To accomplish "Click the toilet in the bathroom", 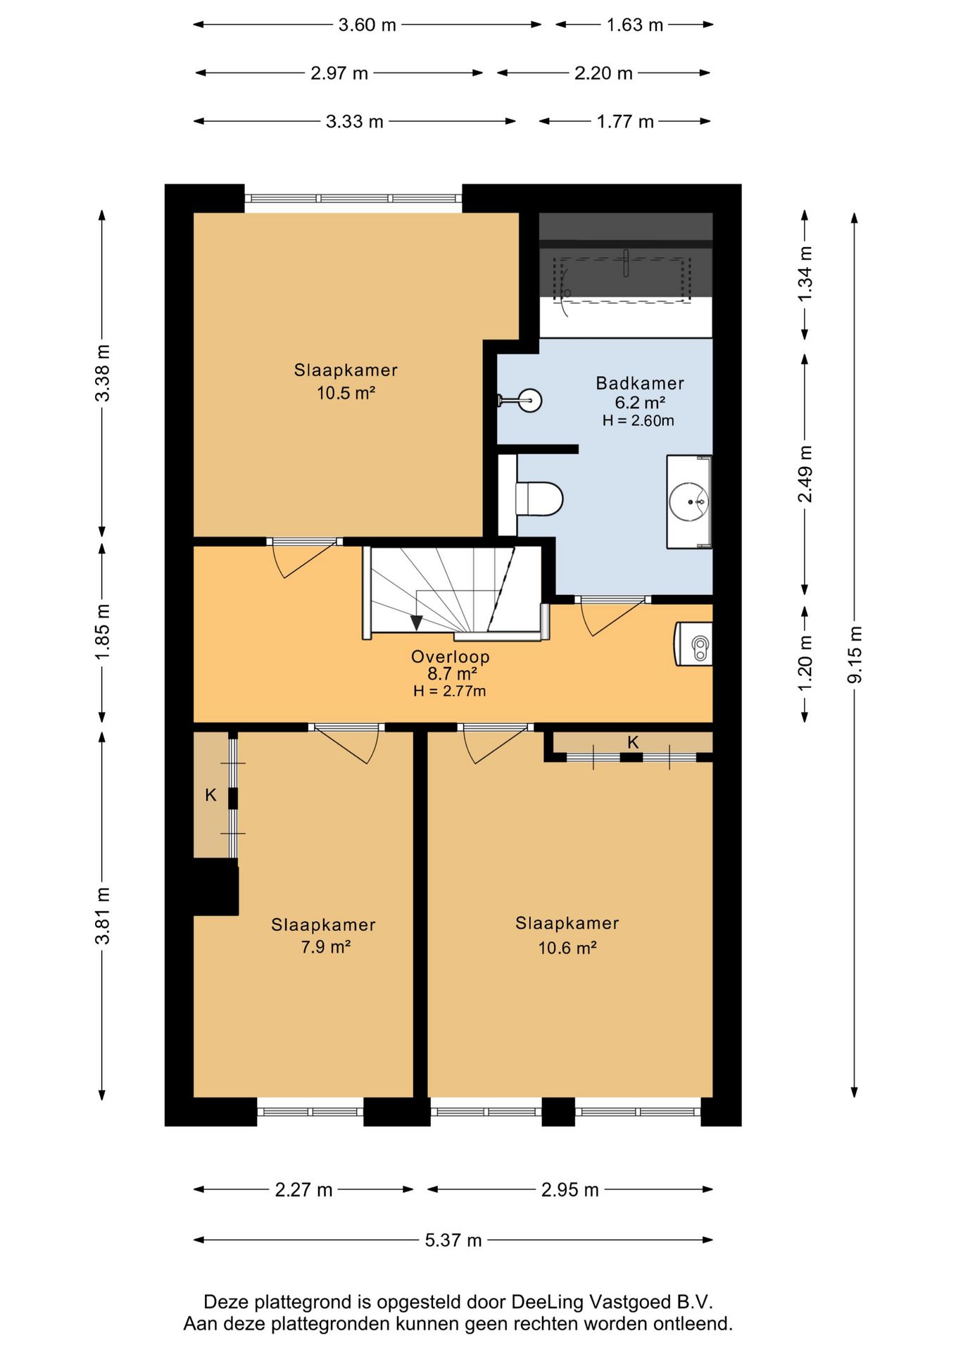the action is pyautogui.click(x=539, y=499).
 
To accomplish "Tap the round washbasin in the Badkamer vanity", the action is pyautogui.click(x=688, y=501).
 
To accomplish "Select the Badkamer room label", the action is pyautogui.click(x=640, y=383).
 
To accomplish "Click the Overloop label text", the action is pyautogui.click(x=451, y=656).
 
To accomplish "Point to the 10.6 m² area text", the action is pyautogui.click(x=567, y=948).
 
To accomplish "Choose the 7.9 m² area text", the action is pyautogui.click(x=325, y=947).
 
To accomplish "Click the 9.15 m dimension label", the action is pyautogui.click(x=855, y=654).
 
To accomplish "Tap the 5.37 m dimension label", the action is pyautogui.click(x=453, y=1240).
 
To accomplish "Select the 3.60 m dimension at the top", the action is pyautogui.click(x=367, y=25).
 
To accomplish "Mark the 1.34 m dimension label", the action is pyautogui.click(x=805, y=274).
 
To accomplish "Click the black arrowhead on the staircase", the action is pyautogui.click(x=417, y=623).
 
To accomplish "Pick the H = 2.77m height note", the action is pyautogui.click(x=450, y=691).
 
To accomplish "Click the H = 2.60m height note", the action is pyautogui.click(x=639, y=421).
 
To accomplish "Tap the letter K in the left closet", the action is pyautogui.click(x=210, y=795).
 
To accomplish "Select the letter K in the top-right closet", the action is pyautogui.click(x=633, y=742).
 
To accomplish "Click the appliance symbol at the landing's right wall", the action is pyautogui.click(x=694, y=643).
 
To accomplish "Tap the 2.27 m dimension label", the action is pyautogui.click(x=303, y=1190).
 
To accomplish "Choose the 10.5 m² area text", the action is pyautogui.click(x=346, y=393).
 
